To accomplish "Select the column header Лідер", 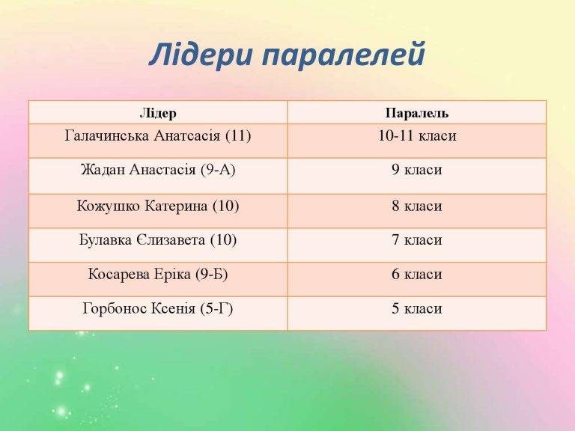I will [158, 114].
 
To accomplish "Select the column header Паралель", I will [416, 114].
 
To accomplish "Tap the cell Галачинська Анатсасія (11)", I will [158, 136].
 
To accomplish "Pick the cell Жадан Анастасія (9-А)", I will [158, 170].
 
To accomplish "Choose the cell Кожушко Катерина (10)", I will [158, 206].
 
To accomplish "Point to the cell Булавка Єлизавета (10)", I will [158, 240].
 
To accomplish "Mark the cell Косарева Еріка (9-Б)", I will [158, 275].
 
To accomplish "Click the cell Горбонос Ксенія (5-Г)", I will [158, 308].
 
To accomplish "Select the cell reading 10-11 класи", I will [416, 136].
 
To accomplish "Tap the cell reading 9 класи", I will [416, 170].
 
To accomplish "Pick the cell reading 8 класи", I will [416, 206].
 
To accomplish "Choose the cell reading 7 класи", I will [416, 240].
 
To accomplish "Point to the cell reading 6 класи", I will [416, 275].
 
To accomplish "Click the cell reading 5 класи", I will [416, 308].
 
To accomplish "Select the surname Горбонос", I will [110, 308].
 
